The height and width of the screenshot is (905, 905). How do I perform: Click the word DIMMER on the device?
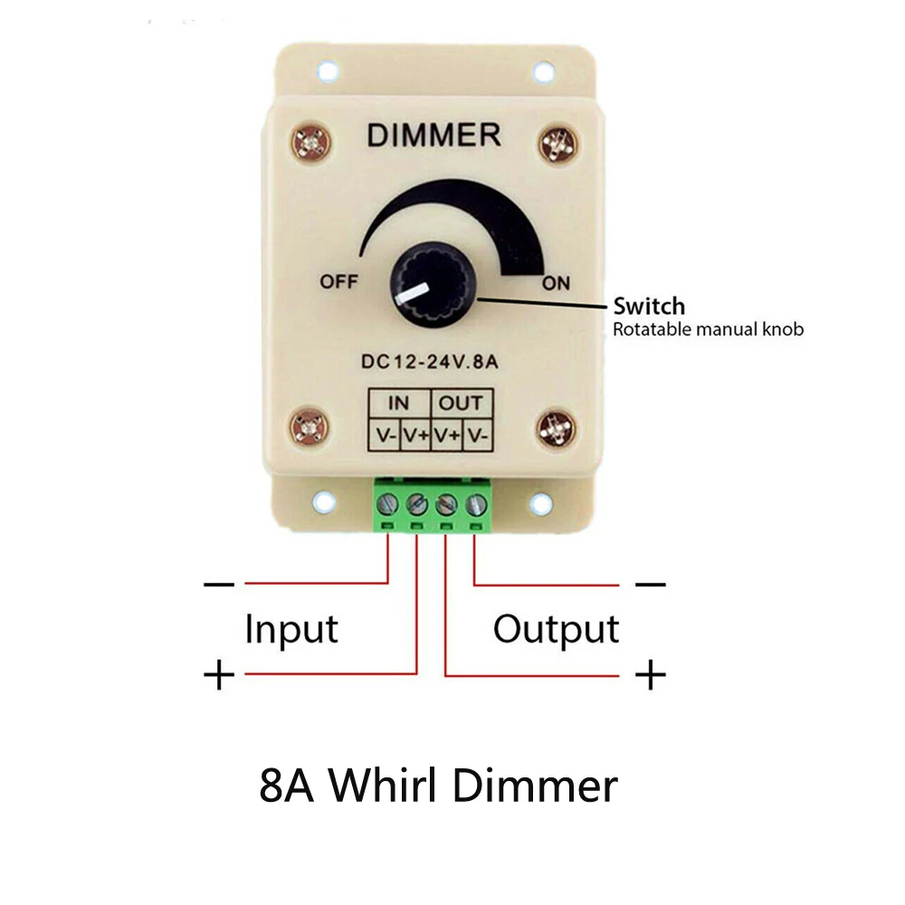[433, 136]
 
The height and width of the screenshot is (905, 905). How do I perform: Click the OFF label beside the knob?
[338, 281]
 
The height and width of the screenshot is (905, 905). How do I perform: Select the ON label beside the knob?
[556, 283]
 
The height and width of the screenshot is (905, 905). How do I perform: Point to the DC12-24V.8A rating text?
[433, 362]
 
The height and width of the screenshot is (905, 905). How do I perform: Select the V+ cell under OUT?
[447, 434]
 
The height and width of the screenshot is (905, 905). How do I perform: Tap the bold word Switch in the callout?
[649, 306]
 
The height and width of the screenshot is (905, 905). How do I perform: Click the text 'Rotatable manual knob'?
[708, 329]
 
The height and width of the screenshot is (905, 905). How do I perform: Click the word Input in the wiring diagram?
[291, 629]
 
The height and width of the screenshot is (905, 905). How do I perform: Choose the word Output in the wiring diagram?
[556, 629]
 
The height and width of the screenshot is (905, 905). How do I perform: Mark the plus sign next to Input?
[218, 675]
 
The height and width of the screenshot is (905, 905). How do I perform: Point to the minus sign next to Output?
[650, 585]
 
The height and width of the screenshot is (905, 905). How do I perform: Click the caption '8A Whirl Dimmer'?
[438, 786]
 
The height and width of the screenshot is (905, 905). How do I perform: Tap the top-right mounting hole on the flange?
[543, 71]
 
